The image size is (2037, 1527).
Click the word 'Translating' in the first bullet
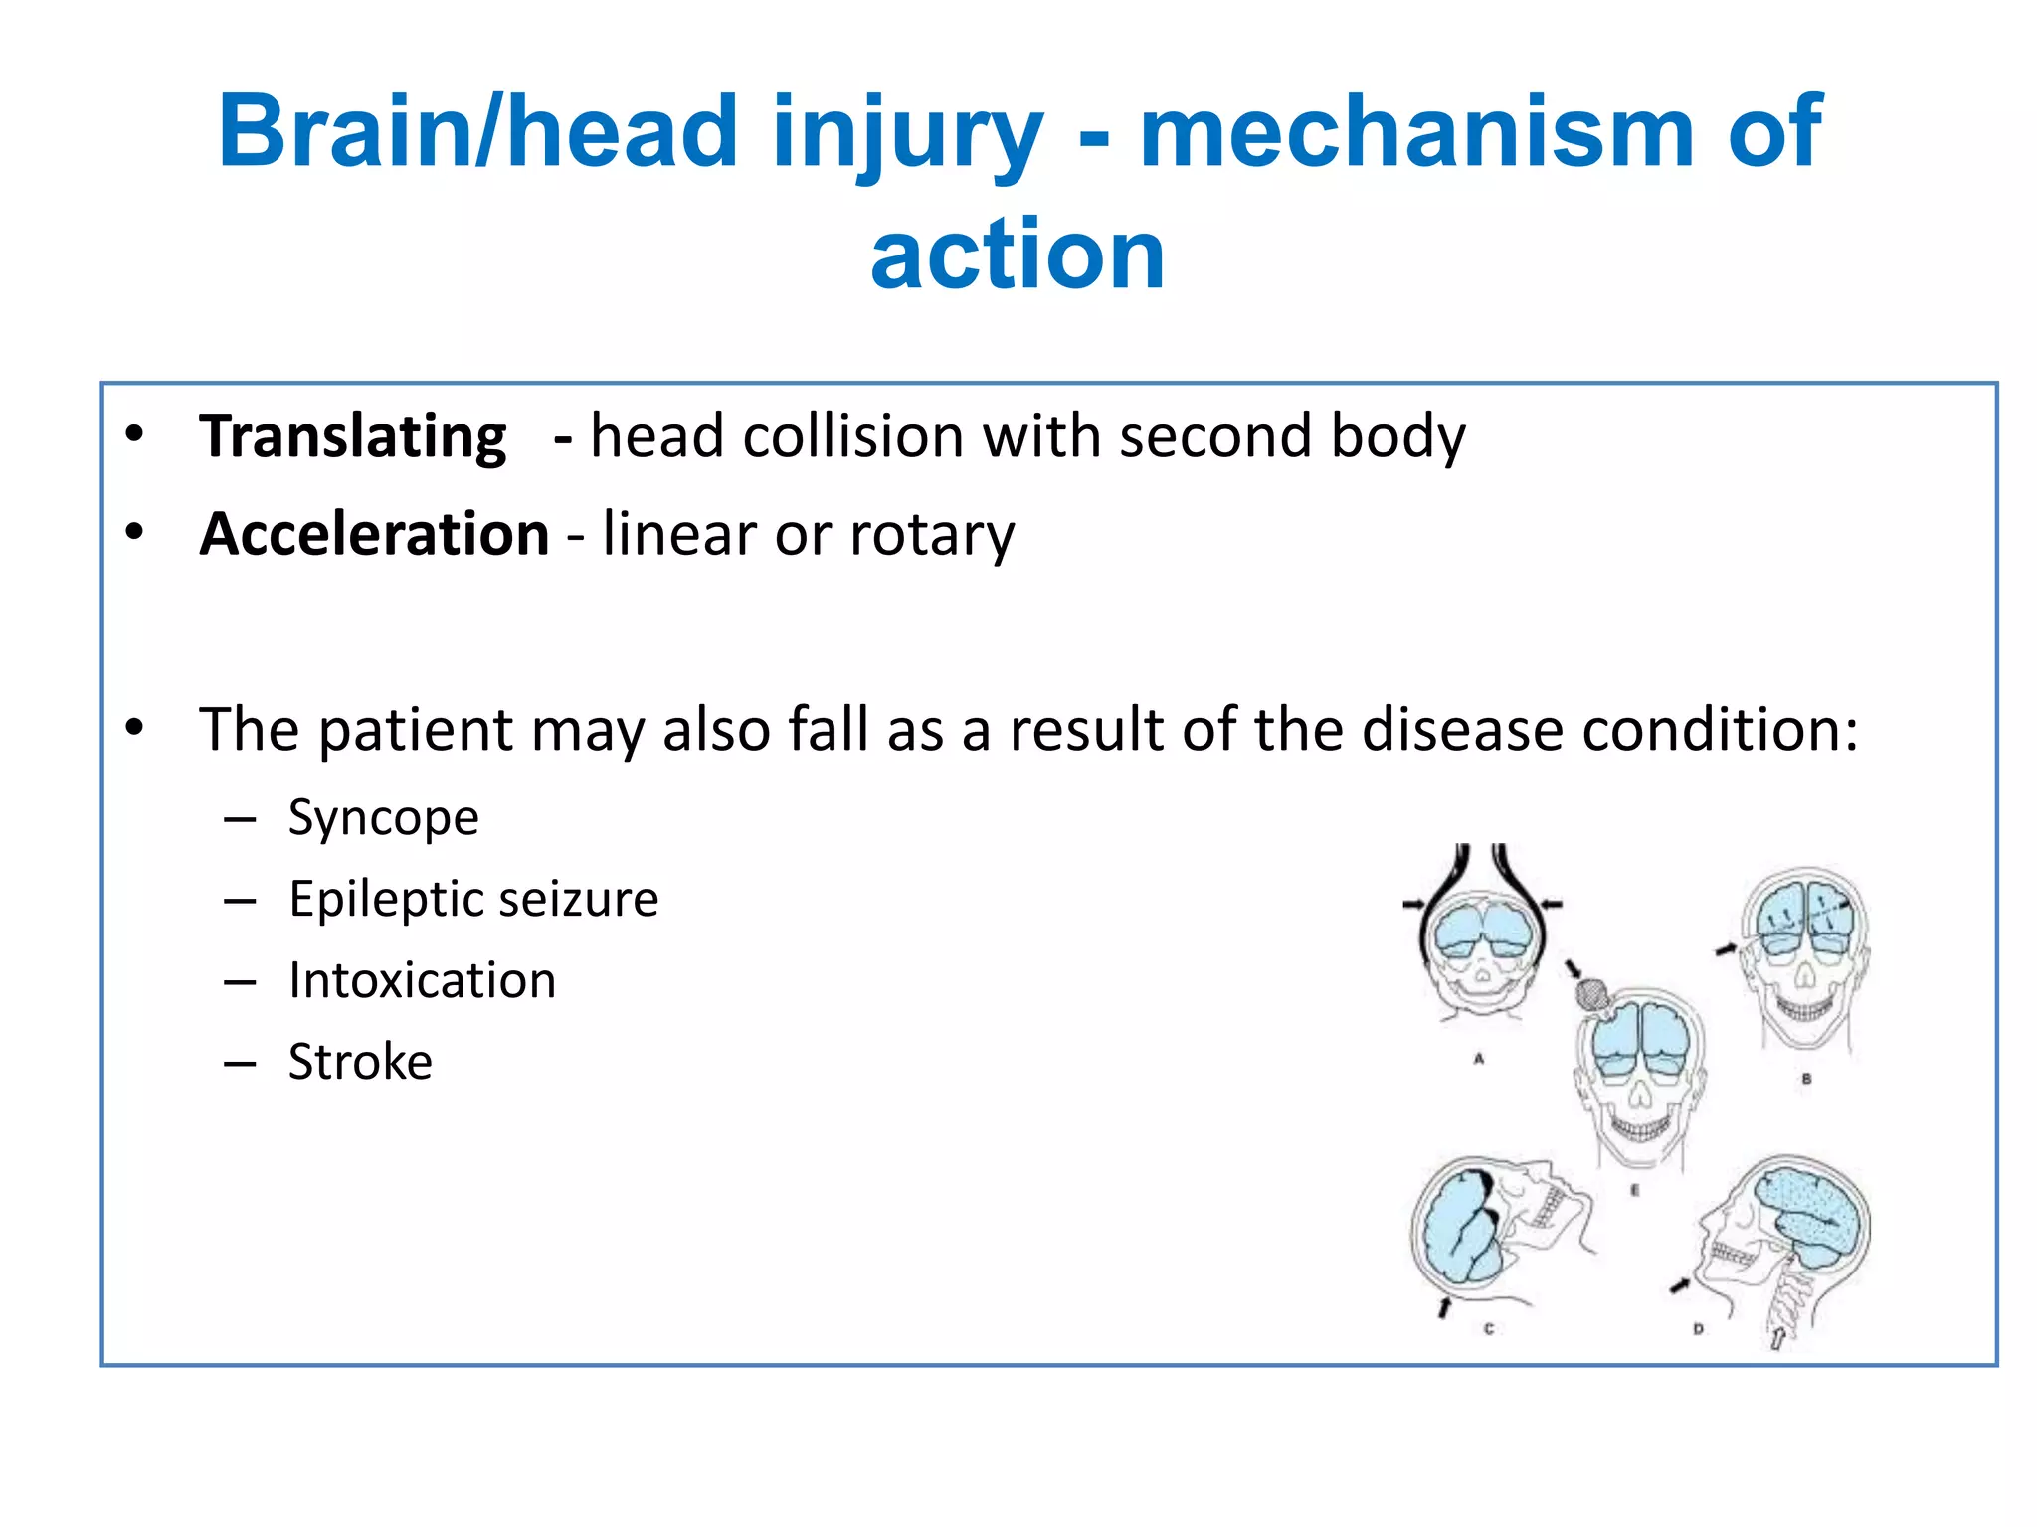click(352, 437)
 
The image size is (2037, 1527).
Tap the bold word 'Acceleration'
click(374, 535)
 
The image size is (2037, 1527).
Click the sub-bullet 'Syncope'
click(383, 818)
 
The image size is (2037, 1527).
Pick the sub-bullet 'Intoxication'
click(422, 981)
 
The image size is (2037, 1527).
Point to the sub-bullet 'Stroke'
click(360, 1062)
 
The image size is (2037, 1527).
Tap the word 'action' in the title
click(1018, 254)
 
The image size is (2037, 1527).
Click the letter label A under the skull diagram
click(1479, 1060)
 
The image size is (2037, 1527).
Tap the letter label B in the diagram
click(1806, 1078)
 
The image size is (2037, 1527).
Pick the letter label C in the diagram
click(1488, 1329)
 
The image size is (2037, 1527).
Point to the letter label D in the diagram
click(1698, 1329)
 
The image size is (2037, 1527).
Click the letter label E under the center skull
click(1634, 1190)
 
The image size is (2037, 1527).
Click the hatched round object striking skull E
click(1592, 993)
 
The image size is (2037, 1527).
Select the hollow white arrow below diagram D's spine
click(1776, 1338)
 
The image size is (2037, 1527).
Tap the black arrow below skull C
click(1444, 1306)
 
